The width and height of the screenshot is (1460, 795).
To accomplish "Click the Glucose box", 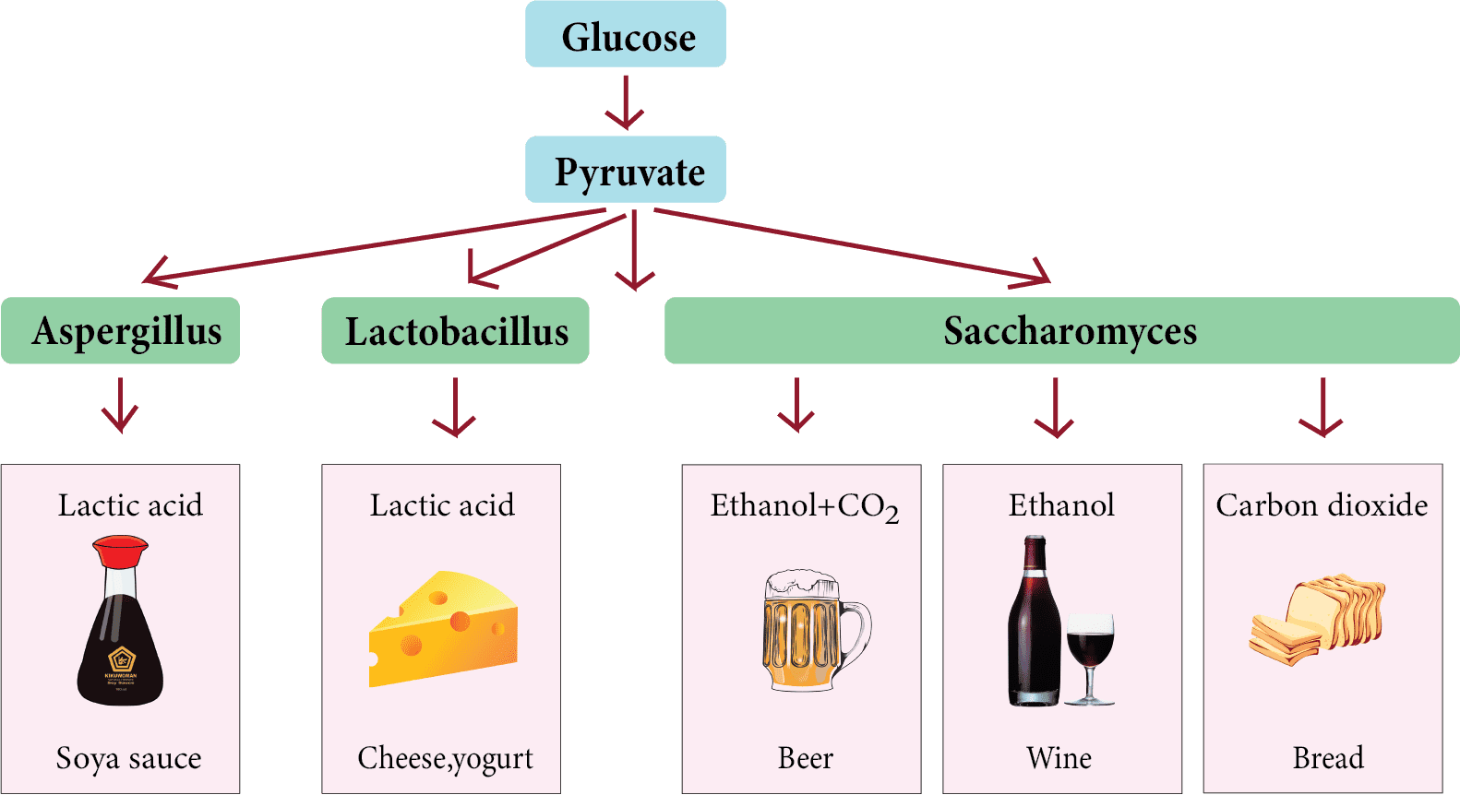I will (626, 35).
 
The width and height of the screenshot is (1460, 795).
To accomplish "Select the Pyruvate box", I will (626, 171).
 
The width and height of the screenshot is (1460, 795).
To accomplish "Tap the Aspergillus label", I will (126, 331).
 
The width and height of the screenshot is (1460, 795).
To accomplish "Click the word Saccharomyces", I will (1070, 331).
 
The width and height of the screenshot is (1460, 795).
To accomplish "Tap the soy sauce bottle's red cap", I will (120, 552).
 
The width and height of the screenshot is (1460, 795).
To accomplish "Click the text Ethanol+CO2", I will (803, 506).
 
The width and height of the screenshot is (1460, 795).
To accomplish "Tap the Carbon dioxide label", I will (1322, 505).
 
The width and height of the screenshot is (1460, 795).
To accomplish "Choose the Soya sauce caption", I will (128, 758).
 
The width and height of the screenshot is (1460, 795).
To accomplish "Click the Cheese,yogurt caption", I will (445, 758).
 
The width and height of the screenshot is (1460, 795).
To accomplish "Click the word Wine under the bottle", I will (1059, 758).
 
